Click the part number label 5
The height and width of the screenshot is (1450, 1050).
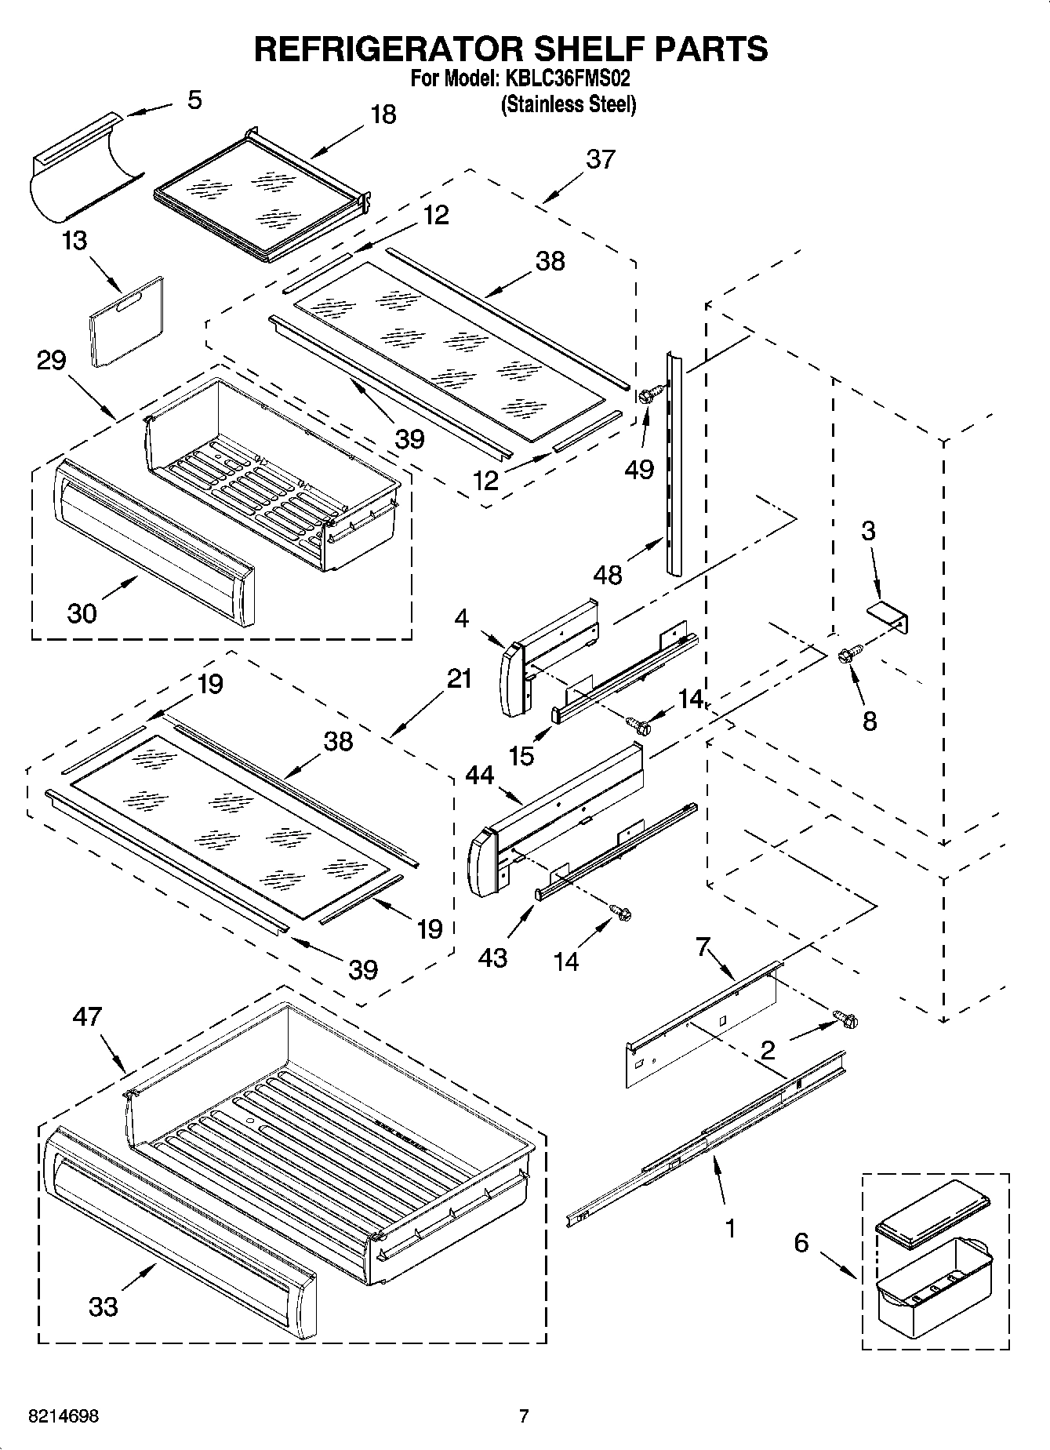[x=194, y=100]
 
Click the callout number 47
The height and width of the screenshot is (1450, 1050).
[x=87, y=1016]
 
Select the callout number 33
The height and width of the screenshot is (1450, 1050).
[x=104, y=1306]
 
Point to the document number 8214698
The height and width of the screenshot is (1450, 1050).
[x=63, y=1416]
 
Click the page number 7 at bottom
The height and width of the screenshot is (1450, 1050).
[x=524, y=1416]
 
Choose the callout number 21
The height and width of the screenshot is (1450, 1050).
[x=459, y=678]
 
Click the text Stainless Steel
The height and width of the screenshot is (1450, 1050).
[x=569, y=104]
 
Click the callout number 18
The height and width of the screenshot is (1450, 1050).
[x=383, y=115]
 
